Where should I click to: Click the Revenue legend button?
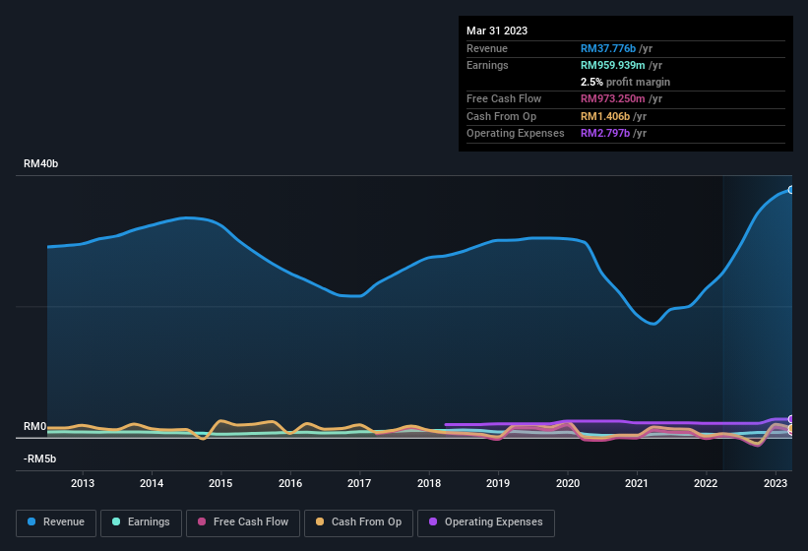click(x=56, y=521)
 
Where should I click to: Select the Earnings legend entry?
click(x=140, y=521)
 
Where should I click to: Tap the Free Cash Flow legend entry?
click(x=243, y=521)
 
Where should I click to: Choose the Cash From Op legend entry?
click(x=358, y=521)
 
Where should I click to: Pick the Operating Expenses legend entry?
click(x=486, y=521)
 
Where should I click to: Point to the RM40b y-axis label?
click(x=41, y=163)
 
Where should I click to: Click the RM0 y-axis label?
click(x=35, y=426)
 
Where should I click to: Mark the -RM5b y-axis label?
click(x=40, y=459)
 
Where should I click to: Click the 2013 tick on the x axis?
click(x=83, y=483)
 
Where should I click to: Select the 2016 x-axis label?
click(x=290, y=483)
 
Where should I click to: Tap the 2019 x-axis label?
click(x=498, y=483)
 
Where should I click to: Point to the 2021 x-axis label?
click(x=637, y=483)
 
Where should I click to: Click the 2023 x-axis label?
click(x=776, y=483)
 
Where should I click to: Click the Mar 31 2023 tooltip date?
click(x=497, y=31)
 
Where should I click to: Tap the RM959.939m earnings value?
click(x=614, y=65)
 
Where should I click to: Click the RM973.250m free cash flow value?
click(x=614, y=98)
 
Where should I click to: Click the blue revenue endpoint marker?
click(x=790, y=189)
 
